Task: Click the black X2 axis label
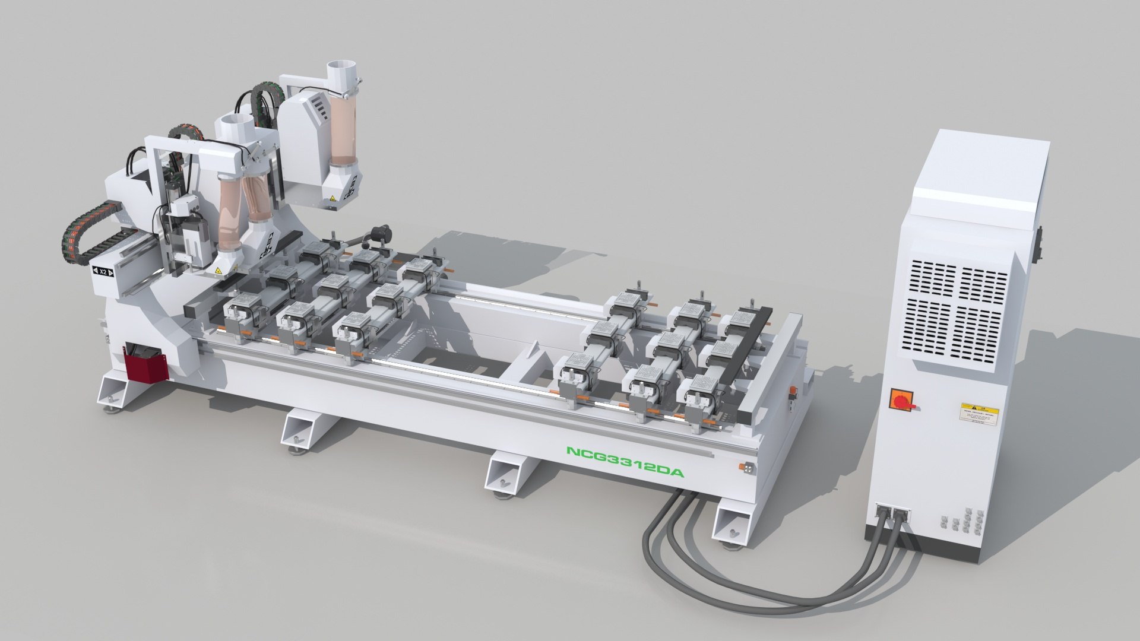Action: click(x=103, y=272)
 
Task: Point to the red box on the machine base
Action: click(x=145, y=365)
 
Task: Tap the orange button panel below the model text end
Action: click(x=748, y=468)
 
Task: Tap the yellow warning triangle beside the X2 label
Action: click(x=218, y=271)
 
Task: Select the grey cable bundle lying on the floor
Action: click(x=742, y=570)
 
